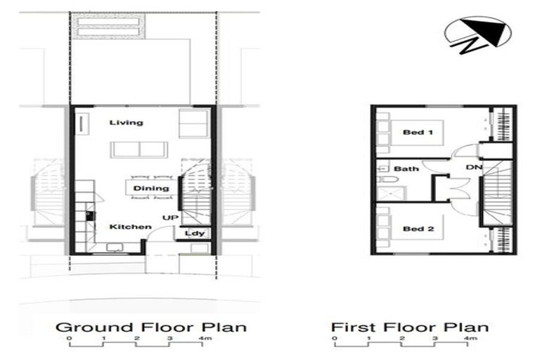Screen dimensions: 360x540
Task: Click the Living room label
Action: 127,123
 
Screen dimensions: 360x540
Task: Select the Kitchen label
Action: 130,227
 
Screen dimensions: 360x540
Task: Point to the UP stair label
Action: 169,217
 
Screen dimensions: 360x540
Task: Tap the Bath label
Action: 406,169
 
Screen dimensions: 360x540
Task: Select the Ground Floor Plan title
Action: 150,327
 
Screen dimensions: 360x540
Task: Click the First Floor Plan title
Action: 410,327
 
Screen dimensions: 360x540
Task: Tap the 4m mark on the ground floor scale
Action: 205,340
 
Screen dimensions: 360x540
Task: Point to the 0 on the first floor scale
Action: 335,340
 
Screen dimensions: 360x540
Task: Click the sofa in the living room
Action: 139,150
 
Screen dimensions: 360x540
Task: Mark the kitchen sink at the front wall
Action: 112,247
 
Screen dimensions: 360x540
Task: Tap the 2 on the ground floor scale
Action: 136,340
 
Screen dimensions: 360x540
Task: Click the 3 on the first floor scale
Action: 435,340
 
